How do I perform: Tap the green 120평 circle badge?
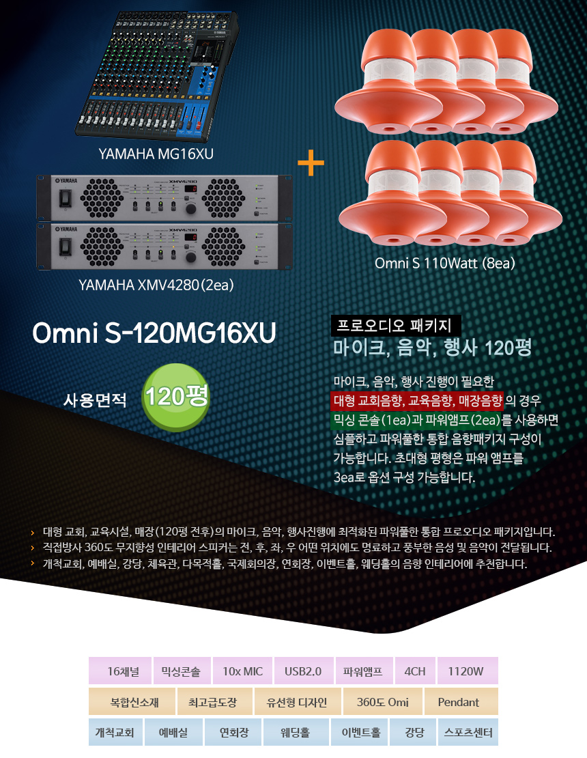click(175, 397)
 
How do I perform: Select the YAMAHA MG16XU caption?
click(156, 154)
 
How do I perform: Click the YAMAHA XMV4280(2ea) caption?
click(156, 285)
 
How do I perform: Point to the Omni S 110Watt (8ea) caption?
click(444, 263)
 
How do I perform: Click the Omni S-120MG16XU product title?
click(154, 333)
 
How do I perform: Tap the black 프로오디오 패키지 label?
click(396, 325)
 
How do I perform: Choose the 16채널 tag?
click(124, 671)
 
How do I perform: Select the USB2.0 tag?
click(303, 671)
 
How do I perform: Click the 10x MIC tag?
click(242, 671)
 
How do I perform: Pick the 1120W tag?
click(467, 671)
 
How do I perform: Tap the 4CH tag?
click(414, 671)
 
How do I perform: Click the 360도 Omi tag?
click(383, 701)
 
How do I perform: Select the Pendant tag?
click(459, 701)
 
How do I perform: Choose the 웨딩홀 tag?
click(296, 732)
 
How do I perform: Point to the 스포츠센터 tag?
click(468, 732)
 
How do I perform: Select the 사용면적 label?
click(95, 399)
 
